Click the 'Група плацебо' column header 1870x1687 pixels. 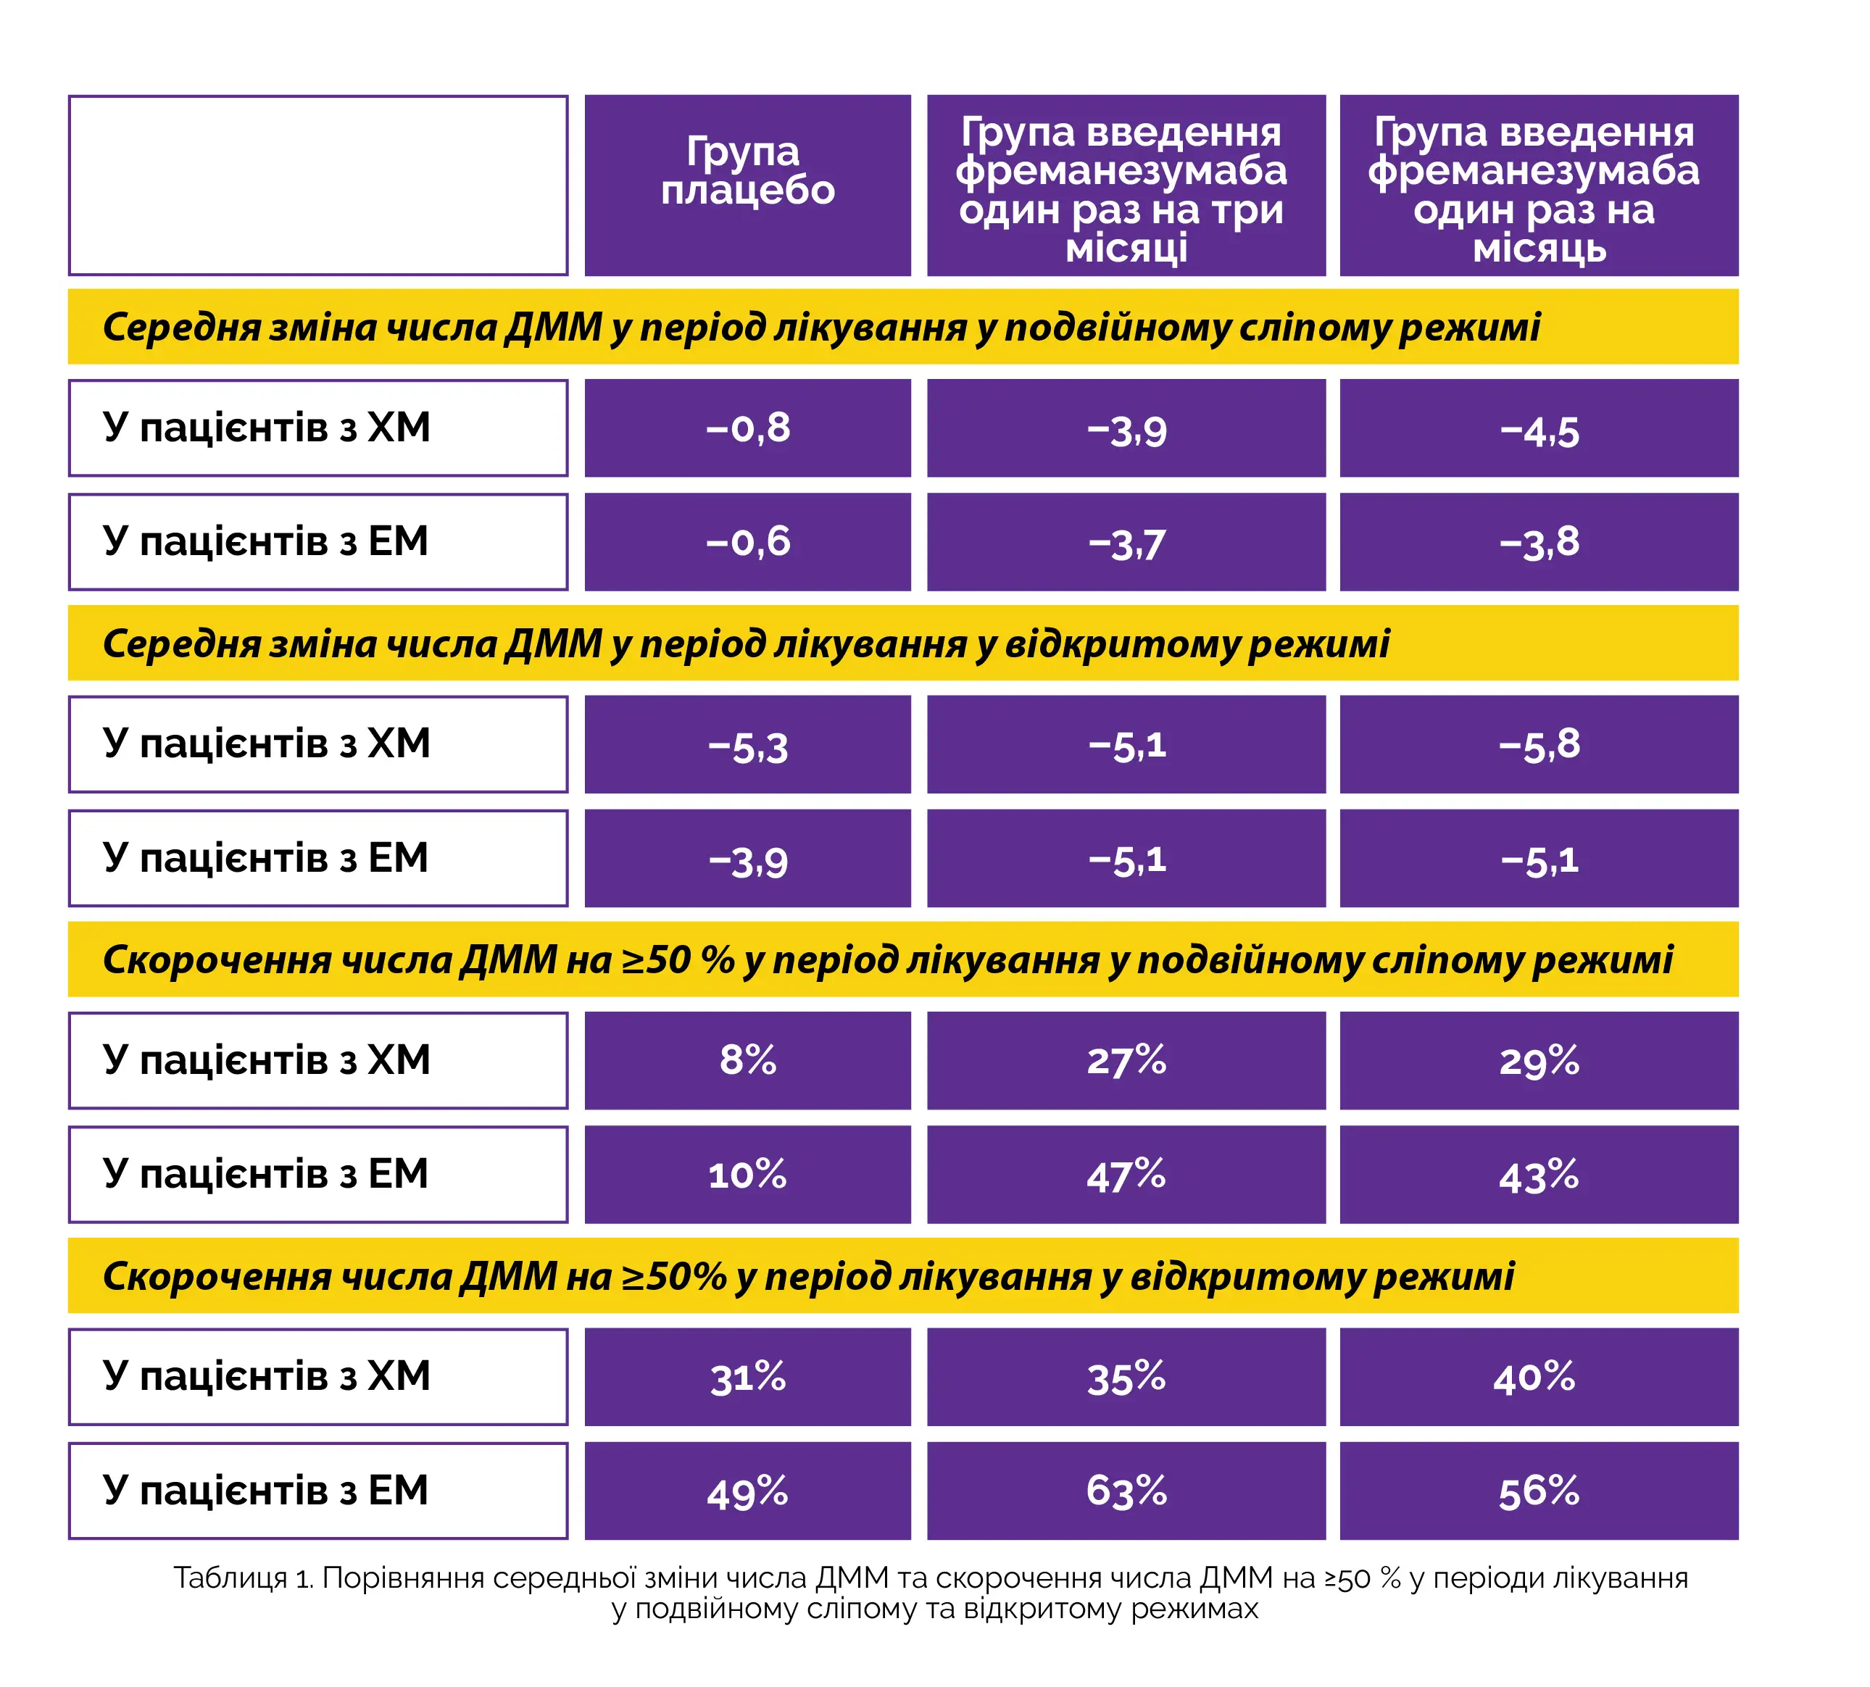coord(747,185)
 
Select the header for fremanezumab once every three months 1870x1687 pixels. coord(1125,185)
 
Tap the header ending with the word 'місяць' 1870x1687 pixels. coord(1537,185)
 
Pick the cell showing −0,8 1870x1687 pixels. coord(747,428)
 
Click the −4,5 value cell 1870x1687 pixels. coord(1537,428)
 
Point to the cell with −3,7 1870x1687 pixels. coord(1125,541)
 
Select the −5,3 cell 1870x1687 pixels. coord(747,744)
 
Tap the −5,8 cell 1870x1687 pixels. coord(1537,744)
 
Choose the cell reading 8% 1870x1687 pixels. coord(747,1059)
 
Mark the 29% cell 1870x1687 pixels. coord(1537,1059)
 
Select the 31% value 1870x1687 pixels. coord(747,1376)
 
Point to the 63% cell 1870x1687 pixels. coord(1125,1491)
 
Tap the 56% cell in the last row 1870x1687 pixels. coord(1537,1491)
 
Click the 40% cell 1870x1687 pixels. coord(1537,1376)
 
